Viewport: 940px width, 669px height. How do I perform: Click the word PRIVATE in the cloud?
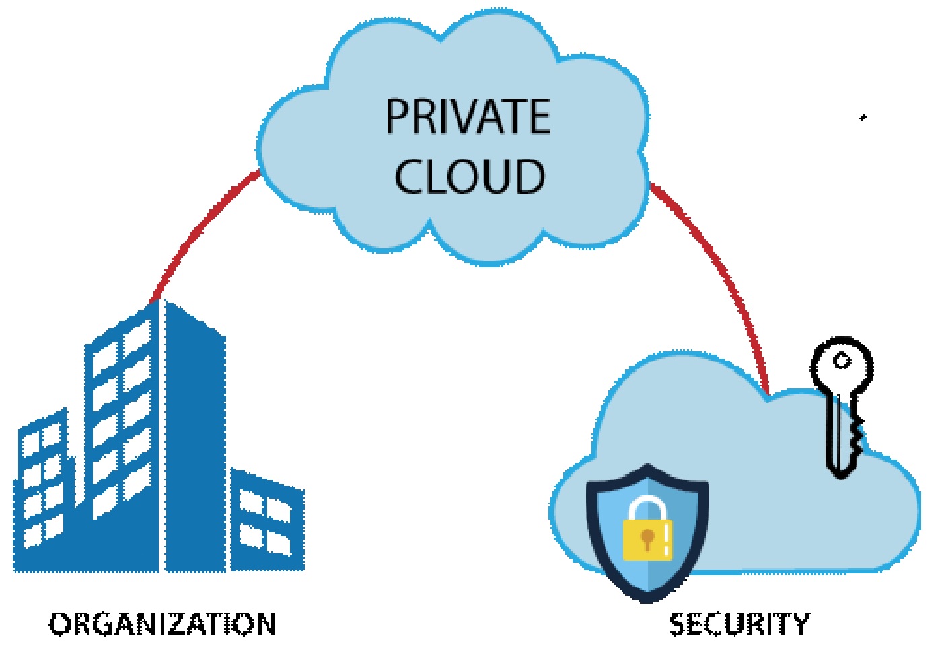click(468, 116)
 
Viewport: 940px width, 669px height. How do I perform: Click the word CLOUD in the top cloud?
click(470, 176)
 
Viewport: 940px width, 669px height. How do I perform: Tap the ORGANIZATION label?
click(162, 625)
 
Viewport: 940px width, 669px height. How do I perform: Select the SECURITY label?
click(739, 625)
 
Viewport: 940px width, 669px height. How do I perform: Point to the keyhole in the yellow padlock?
click(648, 539)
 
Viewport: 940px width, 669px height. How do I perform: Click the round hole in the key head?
click(842, 361)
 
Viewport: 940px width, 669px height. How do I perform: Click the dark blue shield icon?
click(647, 534)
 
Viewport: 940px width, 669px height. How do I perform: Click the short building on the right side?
click(268, 520)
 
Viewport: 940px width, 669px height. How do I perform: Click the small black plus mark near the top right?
click(863, 118)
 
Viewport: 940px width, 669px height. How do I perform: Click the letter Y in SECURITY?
click(800, 625)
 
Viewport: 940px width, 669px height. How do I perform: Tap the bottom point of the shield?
click(647, 602)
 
